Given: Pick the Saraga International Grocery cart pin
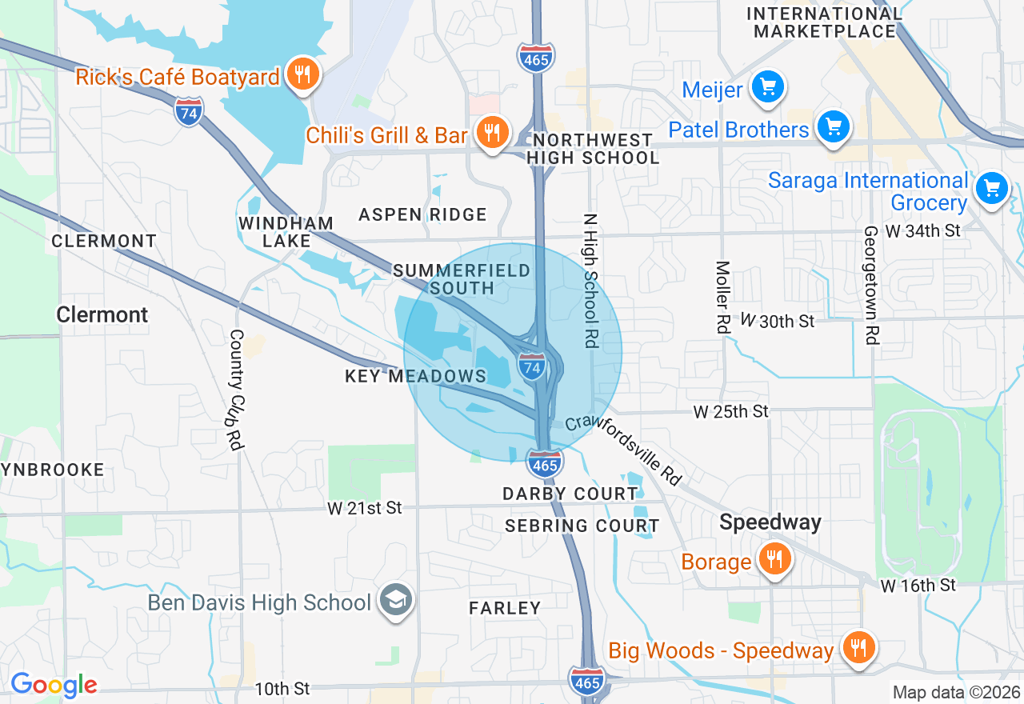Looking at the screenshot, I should pyautogui.click(x=993, y=190).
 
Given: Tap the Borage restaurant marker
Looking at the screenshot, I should pyautogui.click(x=774, y=559).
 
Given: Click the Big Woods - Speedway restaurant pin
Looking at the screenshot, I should pyautogui.click(x=858, y=648).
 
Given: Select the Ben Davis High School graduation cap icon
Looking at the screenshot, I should pyautogui.click(x=395, y=601).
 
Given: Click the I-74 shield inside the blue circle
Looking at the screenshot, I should pyautogui.click(x=532, y=366).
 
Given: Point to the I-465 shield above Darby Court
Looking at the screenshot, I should pyautogui.click(x=544, y=463).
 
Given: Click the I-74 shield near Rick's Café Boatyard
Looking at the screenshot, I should pyautogui.click(x=188, y=110).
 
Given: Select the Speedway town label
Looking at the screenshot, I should pyautogui.click(x=770, y=522).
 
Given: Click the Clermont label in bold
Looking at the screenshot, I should pyautogui.click(x=102, y=314).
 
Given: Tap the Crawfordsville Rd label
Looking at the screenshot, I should pyautogui.click(x=623, y=450).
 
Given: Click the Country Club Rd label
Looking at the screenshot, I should pyautogui.click(x=236, y=390).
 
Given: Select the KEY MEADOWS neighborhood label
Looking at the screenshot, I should pyautogui.click(x=415, y=376).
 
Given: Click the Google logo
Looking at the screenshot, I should pyautogui.click(x=54, y=685).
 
